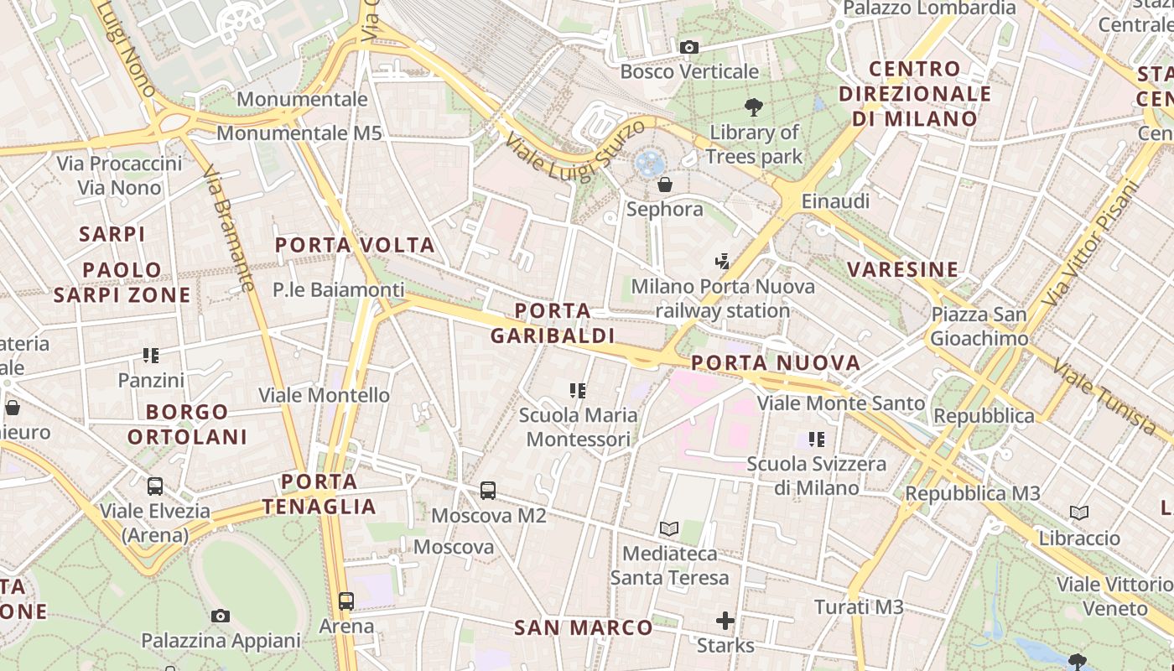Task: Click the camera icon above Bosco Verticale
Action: [689, 47]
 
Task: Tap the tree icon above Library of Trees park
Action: [754, 107]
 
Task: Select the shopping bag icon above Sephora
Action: [665, 184]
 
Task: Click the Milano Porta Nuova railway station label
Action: [723, 299]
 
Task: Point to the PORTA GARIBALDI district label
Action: [553, 323]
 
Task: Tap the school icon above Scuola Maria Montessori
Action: [578, 390]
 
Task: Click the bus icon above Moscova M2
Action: [488, 491]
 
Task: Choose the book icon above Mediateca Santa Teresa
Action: [668, 528]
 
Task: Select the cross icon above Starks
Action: [725, 621]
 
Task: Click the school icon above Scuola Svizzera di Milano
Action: [817, 439]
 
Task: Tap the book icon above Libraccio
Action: [1079, 512]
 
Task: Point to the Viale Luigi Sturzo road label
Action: [575, 149]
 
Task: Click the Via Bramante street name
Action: [229, 227]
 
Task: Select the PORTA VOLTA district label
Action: [356, 245]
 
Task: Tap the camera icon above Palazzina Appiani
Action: [221, 616]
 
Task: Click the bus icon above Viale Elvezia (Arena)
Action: [155, 486]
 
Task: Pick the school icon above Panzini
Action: [151, 356]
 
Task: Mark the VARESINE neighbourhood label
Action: [902, 269]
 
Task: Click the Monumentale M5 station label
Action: [299, 133]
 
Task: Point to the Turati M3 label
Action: [859, 606]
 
